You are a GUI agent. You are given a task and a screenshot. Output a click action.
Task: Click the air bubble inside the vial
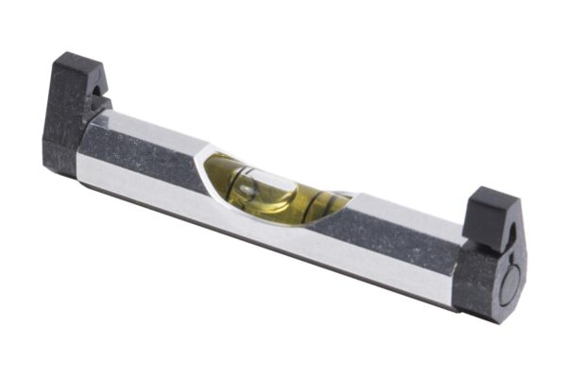(248, 190)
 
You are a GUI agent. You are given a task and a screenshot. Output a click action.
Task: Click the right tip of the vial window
(352, 197)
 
